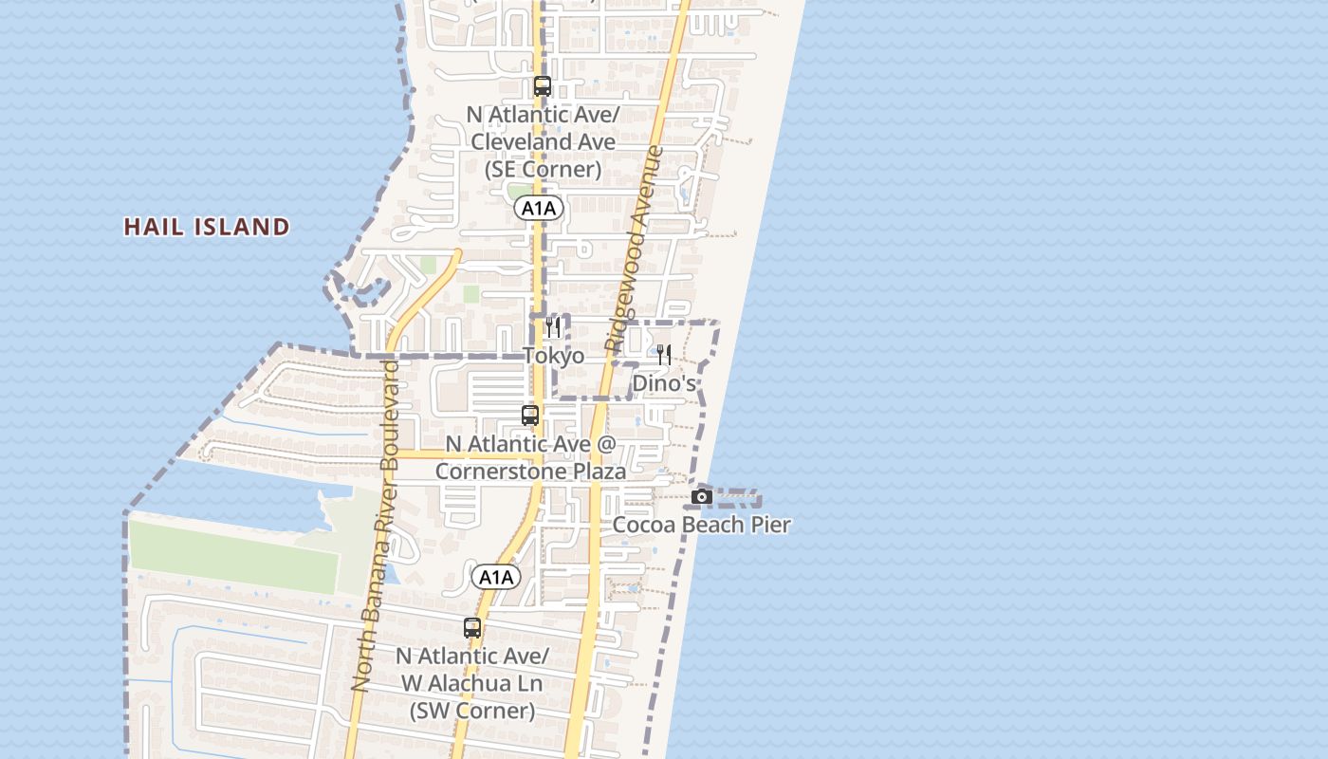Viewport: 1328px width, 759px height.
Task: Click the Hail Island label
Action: pyautogui.click(x=207, y=227)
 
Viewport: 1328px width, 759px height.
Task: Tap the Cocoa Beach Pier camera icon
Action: pyautogui.click(x=702, y=496)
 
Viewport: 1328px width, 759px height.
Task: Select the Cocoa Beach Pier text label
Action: pyautogui.click(x=702, y=525)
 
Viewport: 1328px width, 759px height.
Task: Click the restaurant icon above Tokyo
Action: pyautogui.click(x=553, y=327)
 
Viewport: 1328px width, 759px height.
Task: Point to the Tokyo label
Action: pyautogui.click(x=554, y=356)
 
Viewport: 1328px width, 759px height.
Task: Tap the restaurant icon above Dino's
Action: pyautogui.click(x=664, y=355)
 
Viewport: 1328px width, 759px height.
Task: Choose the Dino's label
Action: pyautogui.click(x=664, y=383)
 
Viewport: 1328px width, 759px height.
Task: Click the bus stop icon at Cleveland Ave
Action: pyautogui.click(x=543, y=86)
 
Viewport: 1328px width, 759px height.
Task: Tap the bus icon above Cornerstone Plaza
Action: pyautogui.click(x=530, y=416)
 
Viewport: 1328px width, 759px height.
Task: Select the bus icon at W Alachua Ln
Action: pyautogui.click(x=472, y=628)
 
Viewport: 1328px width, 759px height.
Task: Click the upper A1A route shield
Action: pyautogui.click(x=539, y=208)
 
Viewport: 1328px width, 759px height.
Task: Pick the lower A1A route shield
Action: pyautogui.click(x=496, y=577)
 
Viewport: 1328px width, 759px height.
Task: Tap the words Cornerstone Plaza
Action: pyautogui.click(x=530, y=472)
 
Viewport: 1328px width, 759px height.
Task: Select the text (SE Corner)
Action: pyautogui.click(x=543, y=169)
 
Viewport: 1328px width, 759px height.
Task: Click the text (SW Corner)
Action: pyautogui.click(x=472, y=711)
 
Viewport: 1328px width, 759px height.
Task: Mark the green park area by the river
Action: pyautogui.click(x=232, y=557)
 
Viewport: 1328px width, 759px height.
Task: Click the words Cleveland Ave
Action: pyautogui.click(x=543, y=141)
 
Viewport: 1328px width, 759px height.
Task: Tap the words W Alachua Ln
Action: pyautogui.click(x=471, y=683)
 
